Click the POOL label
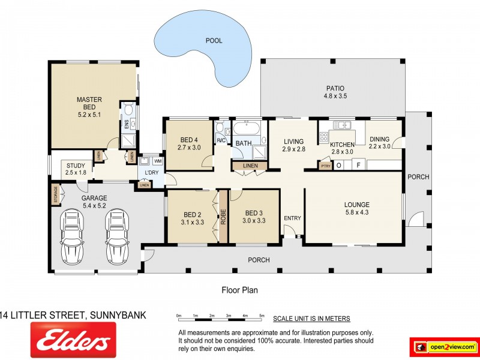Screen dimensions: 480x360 coord(214,41)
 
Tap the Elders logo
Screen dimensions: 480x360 coord(73,340)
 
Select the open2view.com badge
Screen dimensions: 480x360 coord(445,347)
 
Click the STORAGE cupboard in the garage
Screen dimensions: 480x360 coord(56,194)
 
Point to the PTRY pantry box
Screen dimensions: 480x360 coord(325,166)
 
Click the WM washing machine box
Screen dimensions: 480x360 coord(158,161)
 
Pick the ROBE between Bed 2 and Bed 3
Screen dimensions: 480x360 coord(223,217)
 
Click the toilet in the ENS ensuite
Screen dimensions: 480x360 coord(128,109)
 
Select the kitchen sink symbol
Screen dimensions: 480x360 coord(342,125)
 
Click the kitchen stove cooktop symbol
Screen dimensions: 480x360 coord(324,137)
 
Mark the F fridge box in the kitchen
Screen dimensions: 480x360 coord(359,166)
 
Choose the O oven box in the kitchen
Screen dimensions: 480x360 coord(339,166)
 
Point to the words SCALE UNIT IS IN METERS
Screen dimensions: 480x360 coord(311,319)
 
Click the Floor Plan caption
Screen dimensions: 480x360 coord(239,290)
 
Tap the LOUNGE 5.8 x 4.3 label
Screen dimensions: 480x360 coord(357,208)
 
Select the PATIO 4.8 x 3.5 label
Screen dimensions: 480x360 coord(335,92)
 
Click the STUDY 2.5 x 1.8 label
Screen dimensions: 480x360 coord(76,169)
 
